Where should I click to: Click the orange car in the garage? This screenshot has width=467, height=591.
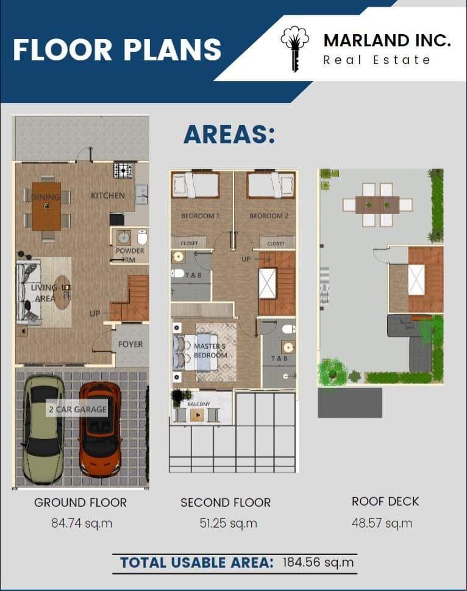[101, 429]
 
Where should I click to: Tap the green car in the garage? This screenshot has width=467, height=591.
[43, 429]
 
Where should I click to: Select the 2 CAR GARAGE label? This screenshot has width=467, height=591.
[77, 409]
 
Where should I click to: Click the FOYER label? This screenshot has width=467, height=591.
[130, 344]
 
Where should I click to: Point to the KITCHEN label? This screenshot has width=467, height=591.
[108, 196]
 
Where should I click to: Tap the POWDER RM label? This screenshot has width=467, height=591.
[130, 254]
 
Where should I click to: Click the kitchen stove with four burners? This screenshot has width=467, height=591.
[123, 170]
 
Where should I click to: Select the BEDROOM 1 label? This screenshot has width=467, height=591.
[200, 216]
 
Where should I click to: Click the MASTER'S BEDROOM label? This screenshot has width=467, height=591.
[210, 351]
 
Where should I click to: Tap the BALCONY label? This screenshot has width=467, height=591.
[199, 404]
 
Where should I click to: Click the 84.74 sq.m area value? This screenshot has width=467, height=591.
[82, 523]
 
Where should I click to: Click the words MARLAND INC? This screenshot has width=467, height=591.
[387, 41]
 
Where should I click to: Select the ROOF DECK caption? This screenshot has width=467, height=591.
[385, 501]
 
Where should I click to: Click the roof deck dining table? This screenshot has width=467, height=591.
[377, 204]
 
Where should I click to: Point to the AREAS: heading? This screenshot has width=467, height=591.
[229, 134]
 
